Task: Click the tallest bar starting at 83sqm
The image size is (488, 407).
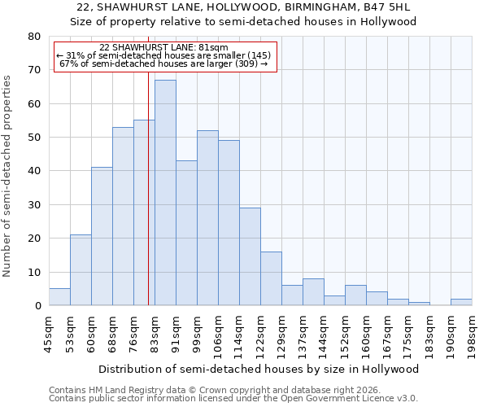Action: tap(165, 193)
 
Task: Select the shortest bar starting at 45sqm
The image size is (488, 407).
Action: tap(59, 297)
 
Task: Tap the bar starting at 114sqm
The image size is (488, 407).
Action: tap(250, 256)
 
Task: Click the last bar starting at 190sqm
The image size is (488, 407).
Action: tap(461, 302)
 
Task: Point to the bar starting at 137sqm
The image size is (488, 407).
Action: tap(313, 292)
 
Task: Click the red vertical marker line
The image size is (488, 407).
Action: tap(148, 203)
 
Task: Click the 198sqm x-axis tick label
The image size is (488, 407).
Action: tap(472, 334)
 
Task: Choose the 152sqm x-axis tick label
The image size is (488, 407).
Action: tap(345, 334)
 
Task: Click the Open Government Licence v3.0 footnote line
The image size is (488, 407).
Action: tap(233, 398)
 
